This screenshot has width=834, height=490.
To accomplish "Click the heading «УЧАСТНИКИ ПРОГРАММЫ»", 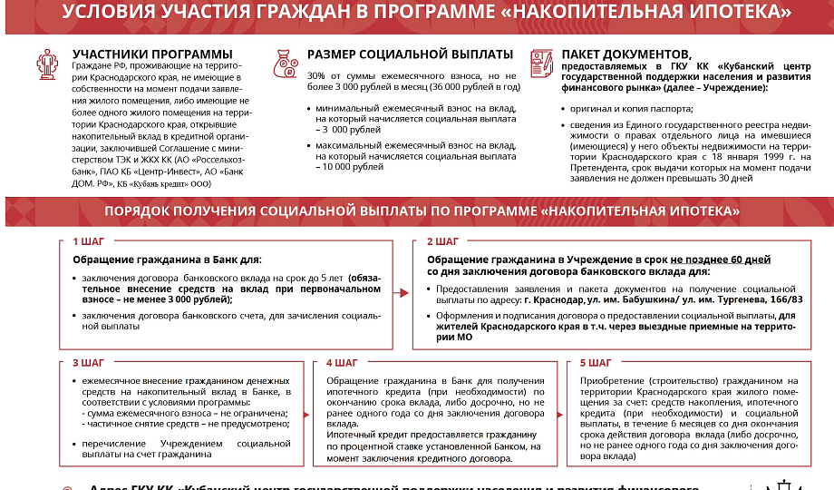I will (151, 54).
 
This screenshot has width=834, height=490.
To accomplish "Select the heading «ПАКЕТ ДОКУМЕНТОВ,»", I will (625, 54).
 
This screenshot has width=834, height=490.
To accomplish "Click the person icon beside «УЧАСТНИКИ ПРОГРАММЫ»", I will (47, 64).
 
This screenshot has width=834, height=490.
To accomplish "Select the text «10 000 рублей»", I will (350, 168).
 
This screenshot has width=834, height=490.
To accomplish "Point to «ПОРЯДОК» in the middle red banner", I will (144, 211).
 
